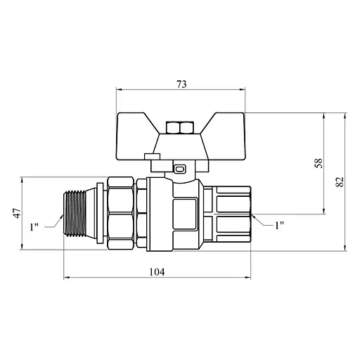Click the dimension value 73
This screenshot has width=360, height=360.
point(181,84)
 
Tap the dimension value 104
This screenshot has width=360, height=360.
point(157,272)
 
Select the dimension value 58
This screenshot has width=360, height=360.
point(319,163)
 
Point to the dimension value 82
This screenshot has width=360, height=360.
point(340,181)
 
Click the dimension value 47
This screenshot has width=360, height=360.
point(17,213)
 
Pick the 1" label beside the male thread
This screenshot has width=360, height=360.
point(34,227)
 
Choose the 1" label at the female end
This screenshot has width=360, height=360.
point(279,226)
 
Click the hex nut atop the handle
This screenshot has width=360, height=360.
point(180,127)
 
